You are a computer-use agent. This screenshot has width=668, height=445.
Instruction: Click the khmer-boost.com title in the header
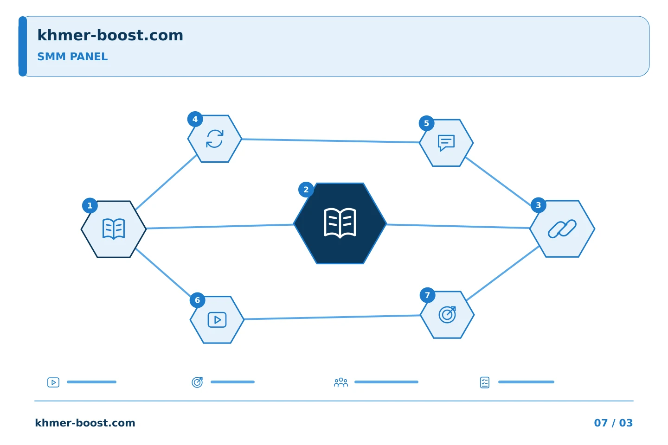(110, 35)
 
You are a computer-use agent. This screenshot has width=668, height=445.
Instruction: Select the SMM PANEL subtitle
(72, 57)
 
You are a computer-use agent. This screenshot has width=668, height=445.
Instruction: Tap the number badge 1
(90, 206)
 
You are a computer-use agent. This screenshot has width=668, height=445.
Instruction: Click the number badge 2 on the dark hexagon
(306, 190)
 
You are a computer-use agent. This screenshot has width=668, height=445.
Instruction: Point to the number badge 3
(538, 205)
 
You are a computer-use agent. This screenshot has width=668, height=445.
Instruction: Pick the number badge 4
(195, 119)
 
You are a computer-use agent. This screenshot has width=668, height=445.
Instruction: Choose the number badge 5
(426, 123)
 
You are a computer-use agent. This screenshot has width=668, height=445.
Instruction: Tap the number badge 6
(198, 300)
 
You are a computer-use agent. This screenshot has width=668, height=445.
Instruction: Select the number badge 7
(427, 295)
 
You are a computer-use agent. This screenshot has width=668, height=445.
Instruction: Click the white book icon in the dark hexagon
(340, 223)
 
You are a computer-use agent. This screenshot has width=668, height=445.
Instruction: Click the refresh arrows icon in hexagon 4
(215, 139)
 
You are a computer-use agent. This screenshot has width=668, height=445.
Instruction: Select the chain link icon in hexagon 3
(562, 229)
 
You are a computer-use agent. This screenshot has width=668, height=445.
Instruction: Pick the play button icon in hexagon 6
(217, 320)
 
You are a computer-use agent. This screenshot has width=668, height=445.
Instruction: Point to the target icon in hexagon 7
(447, 314)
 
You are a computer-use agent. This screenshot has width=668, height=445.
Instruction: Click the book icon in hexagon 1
(114, 229)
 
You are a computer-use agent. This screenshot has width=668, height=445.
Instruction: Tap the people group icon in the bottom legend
(341, 382)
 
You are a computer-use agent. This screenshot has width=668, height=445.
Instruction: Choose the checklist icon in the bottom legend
(485, 382)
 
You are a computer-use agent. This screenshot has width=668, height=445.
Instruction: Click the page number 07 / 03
(613, 423)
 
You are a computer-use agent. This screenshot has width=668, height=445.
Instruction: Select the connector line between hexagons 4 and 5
(330, 140)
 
